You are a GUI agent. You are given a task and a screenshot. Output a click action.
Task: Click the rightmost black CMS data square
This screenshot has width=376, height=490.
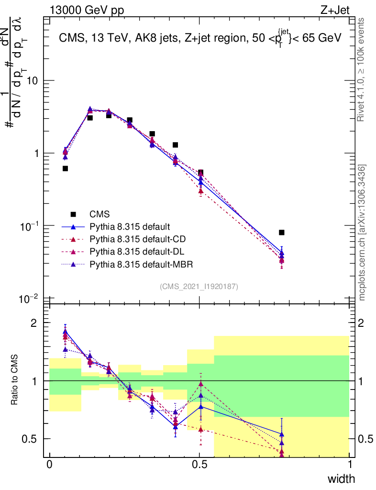[282, 233]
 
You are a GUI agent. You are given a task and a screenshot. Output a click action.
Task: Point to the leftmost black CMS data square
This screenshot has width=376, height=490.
[65, 168]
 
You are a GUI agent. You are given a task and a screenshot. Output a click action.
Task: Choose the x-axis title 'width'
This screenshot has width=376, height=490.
[341, 479]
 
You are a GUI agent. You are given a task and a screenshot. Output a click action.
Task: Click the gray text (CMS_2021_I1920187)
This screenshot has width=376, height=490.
[199, 286]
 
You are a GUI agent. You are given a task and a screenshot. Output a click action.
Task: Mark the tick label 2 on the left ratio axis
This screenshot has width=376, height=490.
[33, 323]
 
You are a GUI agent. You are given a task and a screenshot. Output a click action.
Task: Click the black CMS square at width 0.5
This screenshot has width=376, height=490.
[200, 173]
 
